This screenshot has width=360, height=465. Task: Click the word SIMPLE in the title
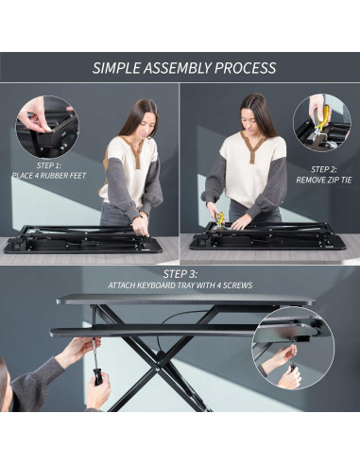tap(116, 68)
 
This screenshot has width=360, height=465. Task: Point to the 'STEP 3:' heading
tap(180, 273)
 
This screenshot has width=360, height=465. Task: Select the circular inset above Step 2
tap(321, 123)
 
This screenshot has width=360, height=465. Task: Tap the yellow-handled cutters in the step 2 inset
tap(324, 118)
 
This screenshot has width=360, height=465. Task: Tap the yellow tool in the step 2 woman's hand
tap(219, 219)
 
